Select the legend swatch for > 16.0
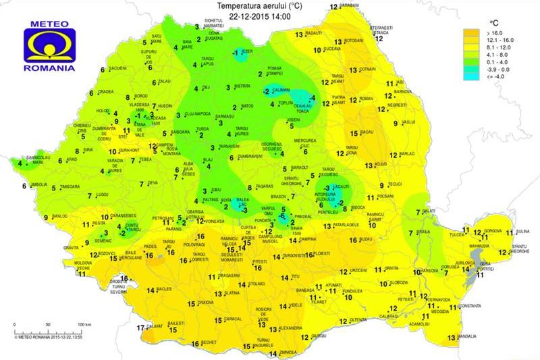[470, 32]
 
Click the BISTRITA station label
[242, 86]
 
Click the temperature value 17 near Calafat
[140, 328]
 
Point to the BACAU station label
[368, 131]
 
